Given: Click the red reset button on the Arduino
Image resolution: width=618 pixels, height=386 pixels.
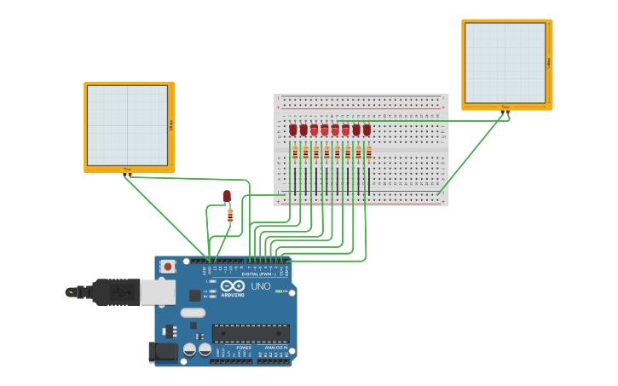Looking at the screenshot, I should tap(168, 266).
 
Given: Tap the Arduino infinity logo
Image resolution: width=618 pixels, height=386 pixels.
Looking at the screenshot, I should tap(233, 287).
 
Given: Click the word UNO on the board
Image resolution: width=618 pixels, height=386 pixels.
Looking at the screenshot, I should tap(261, 286).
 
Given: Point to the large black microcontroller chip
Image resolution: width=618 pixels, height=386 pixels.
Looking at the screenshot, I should tap(251, 333).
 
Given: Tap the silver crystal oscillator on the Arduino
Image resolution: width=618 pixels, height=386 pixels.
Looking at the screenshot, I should tap(193, 313).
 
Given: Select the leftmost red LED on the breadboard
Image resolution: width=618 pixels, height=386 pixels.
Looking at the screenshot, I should tap(293, 130).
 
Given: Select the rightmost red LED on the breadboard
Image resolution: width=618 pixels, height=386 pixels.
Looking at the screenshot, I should tap(367, 130).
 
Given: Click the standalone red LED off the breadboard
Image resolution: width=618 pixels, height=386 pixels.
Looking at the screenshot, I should tap(227, 196).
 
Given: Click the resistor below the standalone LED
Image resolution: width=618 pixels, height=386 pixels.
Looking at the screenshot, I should tap(230, 216).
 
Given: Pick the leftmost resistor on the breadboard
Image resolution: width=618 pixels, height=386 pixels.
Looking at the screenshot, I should tap(295, 153).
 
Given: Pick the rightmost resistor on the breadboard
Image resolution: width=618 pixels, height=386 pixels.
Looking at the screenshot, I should tap(368, 153).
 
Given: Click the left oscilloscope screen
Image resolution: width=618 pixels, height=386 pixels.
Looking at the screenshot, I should tap(128, 125).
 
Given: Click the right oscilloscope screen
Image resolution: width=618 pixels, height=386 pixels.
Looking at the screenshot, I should tap(505, 63).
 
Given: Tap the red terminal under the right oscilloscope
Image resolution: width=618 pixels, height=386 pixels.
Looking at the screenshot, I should tap(507, 112).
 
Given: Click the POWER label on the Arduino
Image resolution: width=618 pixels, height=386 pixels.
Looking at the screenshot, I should tap(244, 348).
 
